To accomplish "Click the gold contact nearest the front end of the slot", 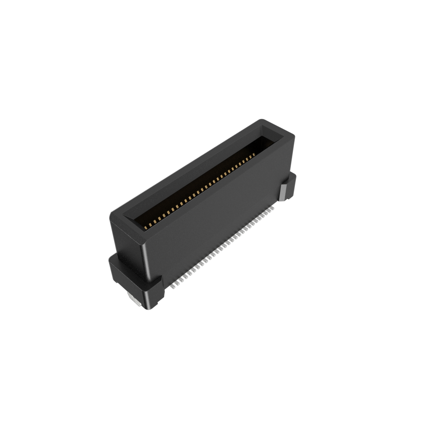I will click(x=146, y=227).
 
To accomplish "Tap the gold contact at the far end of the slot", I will click(x=254, y=154).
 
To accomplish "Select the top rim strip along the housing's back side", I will click(x=187, y=166).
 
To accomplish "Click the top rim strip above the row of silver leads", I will click(x=216, y=189).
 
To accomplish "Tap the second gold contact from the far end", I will click(x=251, y=156).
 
